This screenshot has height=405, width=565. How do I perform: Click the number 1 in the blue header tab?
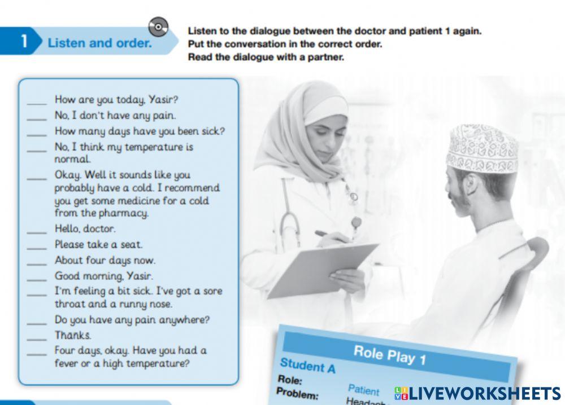24,42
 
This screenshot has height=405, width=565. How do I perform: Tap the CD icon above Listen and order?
159,27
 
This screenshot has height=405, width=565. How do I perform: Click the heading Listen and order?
100,43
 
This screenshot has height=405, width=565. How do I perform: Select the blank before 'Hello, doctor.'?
37,231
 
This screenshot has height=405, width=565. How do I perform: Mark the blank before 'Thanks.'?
37,337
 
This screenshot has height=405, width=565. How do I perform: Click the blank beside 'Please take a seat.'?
37,246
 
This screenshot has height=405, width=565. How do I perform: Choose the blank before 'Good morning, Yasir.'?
37,278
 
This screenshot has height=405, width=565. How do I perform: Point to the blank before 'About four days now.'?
37,262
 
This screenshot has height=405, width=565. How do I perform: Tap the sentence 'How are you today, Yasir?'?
116,100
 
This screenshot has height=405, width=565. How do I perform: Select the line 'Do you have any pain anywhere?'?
132,320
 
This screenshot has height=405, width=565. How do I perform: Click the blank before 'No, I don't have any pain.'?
37,117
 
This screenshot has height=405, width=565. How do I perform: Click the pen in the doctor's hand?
326,235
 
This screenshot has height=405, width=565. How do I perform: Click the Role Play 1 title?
389,355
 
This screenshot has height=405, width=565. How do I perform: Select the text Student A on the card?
307,366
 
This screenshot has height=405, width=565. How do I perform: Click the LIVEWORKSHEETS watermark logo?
477,393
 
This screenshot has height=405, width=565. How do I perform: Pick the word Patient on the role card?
364,390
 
